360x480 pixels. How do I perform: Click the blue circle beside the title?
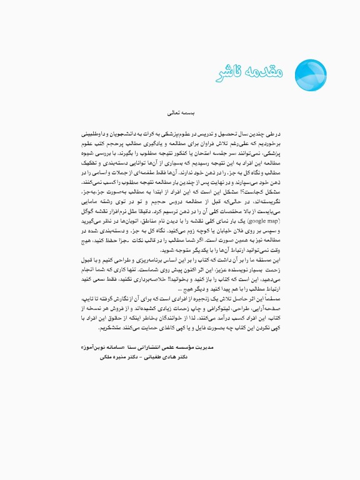click(x=306, y=72)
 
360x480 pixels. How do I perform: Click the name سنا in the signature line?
click(x=164, y=346)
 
